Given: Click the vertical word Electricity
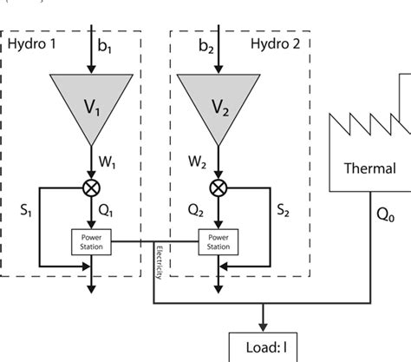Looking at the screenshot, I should (x=160, y=261).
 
